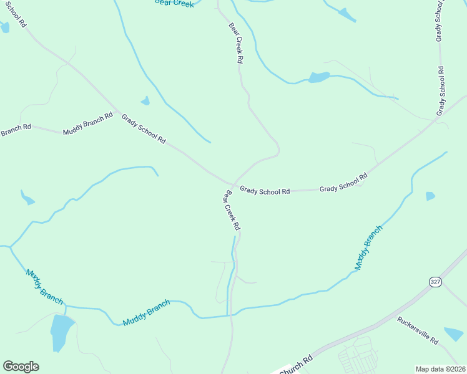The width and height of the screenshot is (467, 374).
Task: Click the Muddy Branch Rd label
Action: [x=88, y=123]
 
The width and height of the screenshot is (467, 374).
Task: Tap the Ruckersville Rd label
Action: [x=418, y=331]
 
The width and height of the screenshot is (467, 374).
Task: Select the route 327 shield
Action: [x=435, y=282]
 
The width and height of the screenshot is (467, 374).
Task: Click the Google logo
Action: [x=21, y=367]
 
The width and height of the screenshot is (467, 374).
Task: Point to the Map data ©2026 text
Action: [x=441, y=369]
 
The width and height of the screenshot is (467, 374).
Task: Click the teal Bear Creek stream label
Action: [x=174, y=3]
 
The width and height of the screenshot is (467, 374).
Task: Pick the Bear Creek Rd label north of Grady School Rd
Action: [x=235, y=44]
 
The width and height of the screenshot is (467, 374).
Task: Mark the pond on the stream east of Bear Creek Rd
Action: [x=319, y=77]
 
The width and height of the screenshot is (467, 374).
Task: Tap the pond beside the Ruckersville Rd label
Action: [x=455, y=334]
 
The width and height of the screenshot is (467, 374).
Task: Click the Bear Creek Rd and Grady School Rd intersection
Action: [x=234, y=185]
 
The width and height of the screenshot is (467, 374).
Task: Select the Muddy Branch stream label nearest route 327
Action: [x=368, y=247]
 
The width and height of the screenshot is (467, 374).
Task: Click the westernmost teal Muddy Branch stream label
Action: [x=44, y=286]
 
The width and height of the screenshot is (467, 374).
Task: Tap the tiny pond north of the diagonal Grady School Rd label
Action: [x=145, y=101]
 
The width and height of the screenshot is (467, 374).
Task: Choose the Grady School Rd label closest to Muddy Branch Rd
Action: [x=144, y=129]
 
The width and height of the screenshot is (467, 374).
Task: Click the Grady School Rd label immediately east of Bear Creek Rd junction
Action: [x=265, y=191]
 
